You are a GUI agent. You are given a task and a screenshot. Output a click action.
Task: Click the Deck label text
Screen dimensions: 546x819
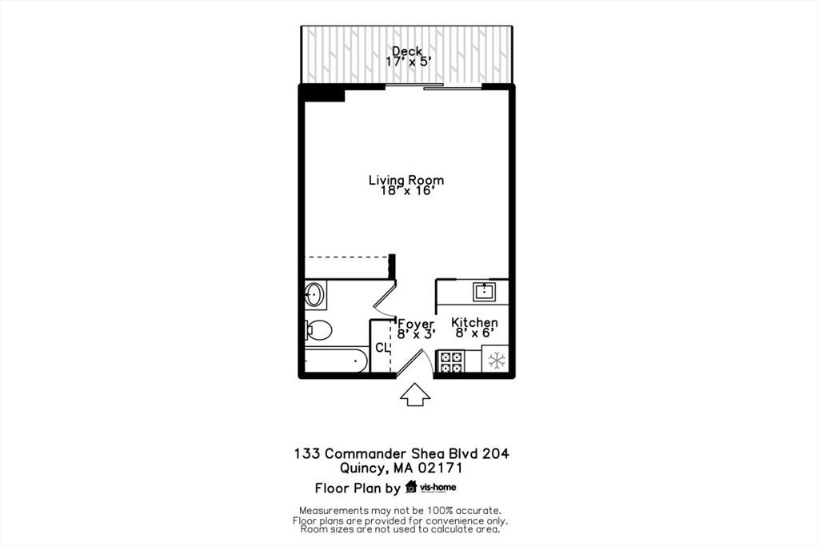point(406,51)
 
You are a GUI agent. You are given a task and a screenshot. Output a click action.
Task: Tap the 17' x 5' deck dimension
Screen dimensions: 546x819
point(406,62)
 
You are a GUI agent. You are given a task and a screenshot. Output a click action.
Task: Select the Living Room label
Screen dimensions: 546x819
point(406,180)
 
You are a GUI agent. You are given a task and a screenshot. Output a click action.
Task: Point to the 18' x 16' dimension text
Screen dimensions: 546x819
point(406,191)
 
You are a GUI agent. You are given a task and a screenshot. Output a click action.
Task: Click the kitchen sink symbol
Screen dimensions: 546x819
point(485,291)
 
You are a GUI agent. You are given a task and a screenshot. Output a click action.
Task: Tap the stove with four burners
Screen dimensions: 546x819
point(450,362)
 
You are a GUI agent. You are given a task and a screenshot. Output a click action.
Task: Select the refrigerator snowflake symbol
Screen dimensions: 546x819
point(497,361)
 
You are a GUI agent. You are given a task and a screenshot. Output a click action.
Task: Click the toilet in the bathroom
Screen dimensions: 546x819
point(318,329)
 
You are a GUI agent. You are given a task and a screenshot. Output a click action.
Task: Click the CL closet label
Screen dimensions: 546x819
point(382,349)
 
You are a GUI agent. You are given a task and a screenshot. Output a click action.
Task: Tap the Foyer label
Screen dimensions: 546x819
point(416,323)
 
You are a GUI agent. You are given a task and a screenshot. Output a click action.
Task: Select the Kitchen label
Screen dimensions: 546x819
point(474,322)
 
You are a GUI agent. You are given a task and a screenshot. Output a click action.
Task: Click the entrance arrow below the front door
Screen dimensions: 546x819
point(414,394)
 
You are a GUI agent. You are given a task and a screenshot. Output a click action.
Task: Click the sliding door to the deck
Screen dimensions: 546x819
point(414,86)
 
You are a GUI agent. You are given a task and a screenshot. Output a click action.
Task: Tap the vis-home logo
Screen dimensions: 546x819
point(431,488)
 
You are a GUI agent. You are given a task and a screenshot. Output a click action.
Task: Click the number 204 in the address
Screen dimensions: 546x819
point(493,453)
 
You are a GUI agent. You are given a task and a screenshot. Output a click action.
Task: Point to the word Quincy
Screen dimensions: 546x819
point(363,469)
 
